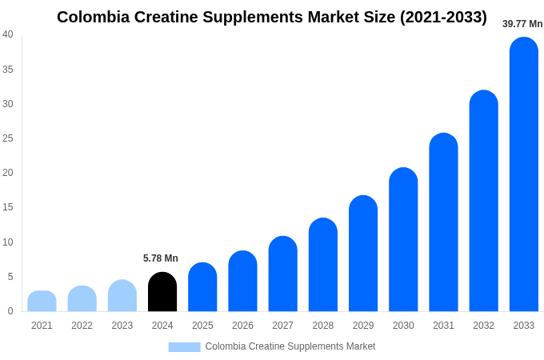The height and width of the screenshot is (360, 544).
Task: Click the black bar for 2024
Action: pos(162,292)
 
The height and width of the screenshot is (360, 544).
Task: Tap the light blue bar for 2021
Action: pos(42,302)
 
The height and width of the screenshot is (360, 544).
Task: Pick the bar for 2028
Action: pos(322,265)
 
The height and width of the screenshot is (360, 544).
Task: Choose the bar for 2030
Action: pos(403,240)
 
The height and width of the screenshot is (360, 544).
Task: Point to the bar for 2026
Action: pos(242,282)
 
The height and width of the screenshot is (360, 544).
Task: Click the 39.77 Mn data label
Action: pos(522,24)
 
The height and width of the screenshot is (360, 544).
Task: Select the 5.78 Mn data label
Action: pos(161,258)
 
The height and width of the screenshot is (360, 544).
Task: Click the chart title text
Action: pos(271,17)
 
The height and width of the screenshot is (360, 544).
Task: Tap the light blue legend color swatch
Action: pos(184,346)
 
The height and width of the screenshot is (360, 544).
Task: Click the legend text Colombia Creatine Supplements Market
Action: pos(290,346)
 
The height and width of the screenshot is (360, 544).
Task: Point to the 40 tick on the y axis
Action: pos(8,34)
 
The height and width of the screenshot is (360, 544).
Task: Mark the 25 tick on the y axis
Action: pos(8,138)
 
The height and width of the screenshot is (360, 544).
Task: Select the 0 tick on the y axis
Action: pos(10,311)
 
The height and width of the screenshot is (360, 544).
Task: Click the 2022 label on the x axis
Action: pos(82,326)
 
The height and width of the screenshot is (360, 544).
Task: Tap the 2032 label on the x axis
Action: pos(483,326)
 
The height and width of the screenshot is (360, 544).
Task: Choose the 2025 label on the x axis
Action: pos(202,326)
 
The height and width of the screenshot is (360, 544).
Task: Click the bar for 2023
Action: pos(122,296)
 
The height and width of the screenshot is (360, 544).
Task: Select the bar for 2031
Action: pos(443,222)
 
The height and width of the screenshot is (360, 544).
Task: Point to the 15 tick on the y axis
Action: pos(8,207)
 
